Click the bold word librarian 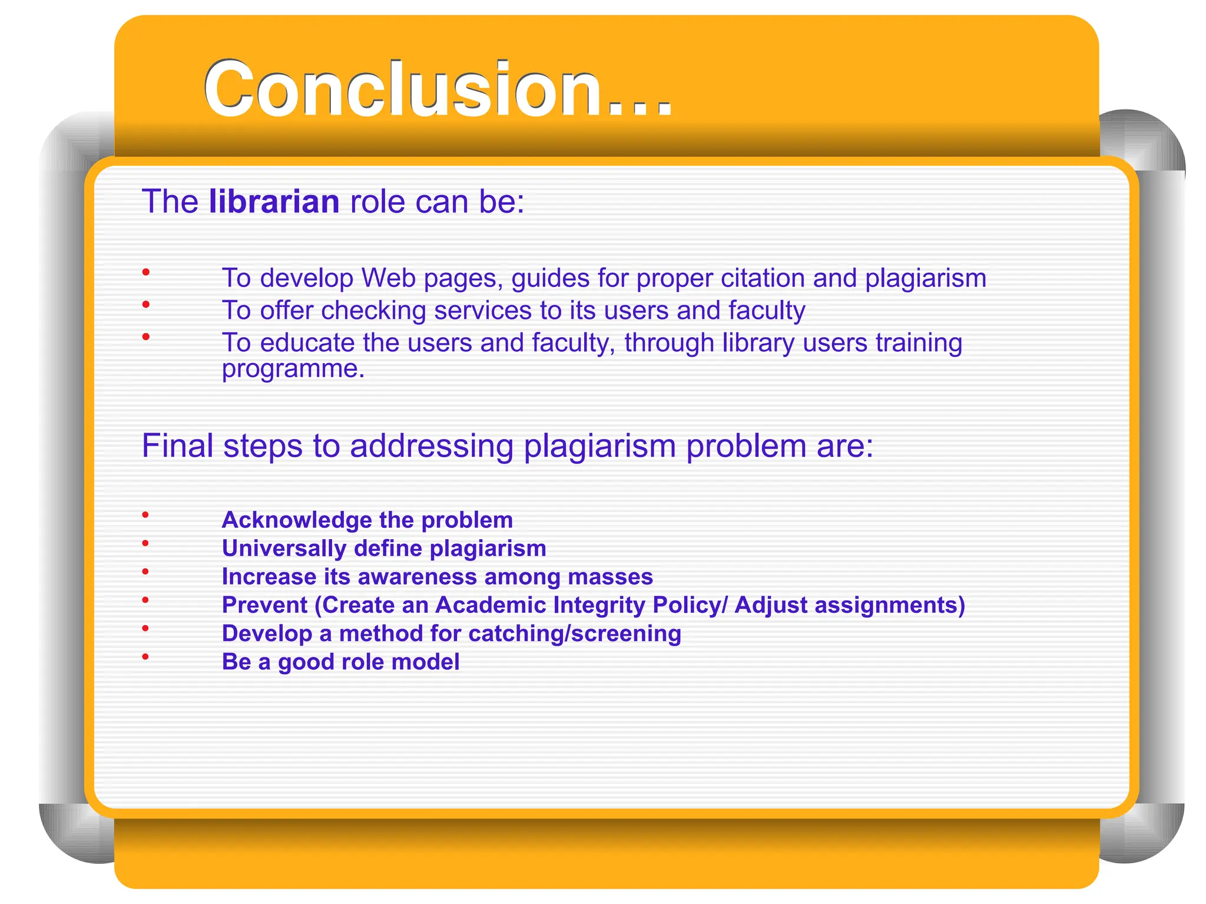pyautogui.click(x=274, y=202)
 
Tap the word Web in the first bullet pyautogui.click(x=388, y=278)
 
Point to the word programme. pyautogui.click(x=293, y=369)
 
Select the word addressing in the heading pyautogui.click(x=432, y=446)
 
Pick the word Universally pyautogui.click(x=284, y=549)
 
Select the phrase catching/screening pyautogui.click(x=574, y=634)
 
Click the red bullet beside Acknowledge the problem pyautogui.click(x=145, y=515)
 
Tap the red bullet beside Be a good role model pyautogui.click(x=145, y=657)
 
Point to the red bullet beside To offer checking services pyautogui.click(x=145, y=304)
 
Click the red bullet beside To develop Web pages pyautogui.click(x=145, y=272)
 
